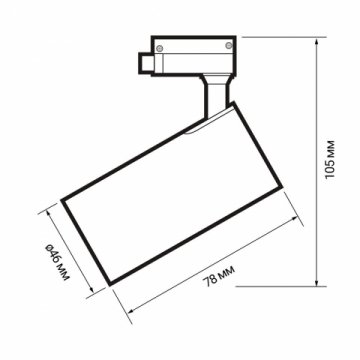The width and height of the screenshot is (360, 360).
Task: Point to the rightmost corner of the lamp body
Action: tap(287, 205)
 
